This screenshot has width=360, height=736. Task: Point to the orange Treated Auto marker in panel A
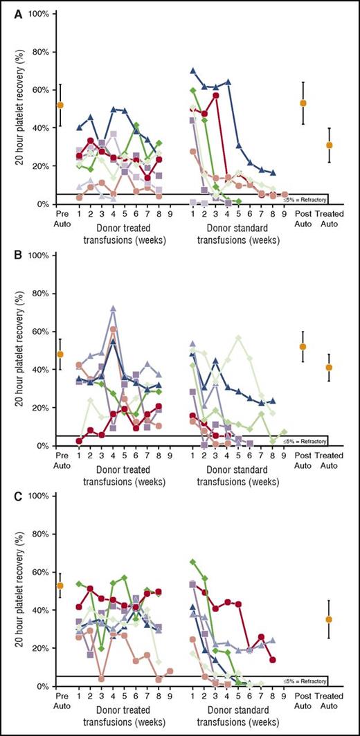(x=330, y=145)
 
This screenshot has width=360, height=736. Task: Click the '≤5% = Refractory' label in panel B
(x=305, y=440)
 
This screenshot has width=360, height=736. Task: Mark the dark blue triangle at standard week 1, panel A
(x=193, y=71)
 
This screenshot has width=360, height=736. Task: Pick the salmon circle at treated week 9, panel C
(x=170, y=671)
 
